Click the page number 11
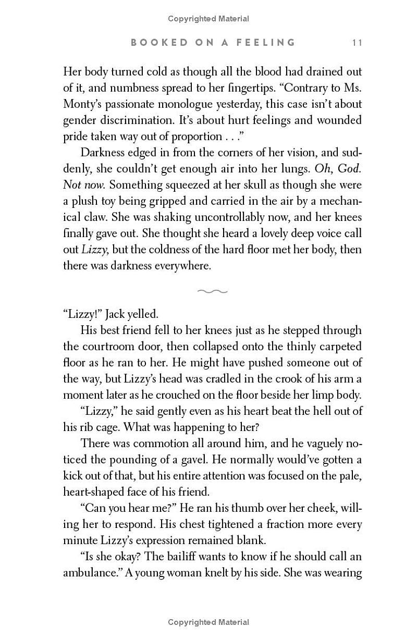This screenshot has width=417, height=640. [357, 43]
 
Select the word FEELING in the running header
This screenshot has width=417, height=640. [265, 43]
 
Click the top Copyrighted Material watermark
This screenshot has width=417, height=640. [208, 19]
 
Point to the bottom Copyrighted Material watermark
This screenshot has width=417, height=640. [208, 622]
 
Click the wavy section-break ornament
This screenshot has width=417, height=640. [213, 291]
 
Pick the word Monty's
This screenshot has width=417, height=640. [82, 104]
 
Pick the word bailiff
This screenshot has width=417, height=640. [215, 556]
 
